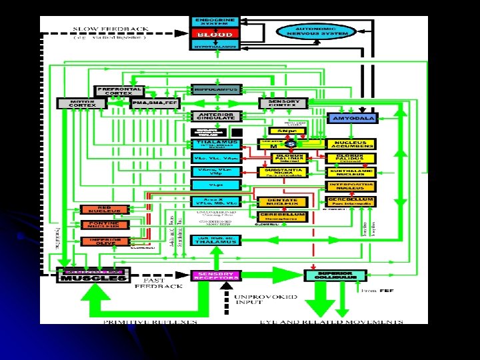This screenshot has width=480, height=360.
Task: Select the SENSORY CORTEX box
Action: (283, 103)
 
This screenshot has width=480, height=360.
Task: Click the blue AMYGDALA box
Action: (352, 118)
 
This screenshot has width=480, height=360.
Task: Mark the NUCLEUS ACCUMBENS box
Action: (350, 143)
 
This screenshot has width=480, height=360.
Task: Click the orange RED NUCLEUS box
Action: (100, 209)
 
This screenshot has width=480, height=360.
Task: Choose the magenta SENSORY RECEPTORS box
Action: (216, 275)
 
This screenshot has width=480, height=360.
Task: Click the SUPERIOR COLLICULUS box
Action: (335, 275)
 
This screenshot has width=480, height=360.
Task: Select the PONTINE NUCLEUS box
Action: (100, 225)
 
